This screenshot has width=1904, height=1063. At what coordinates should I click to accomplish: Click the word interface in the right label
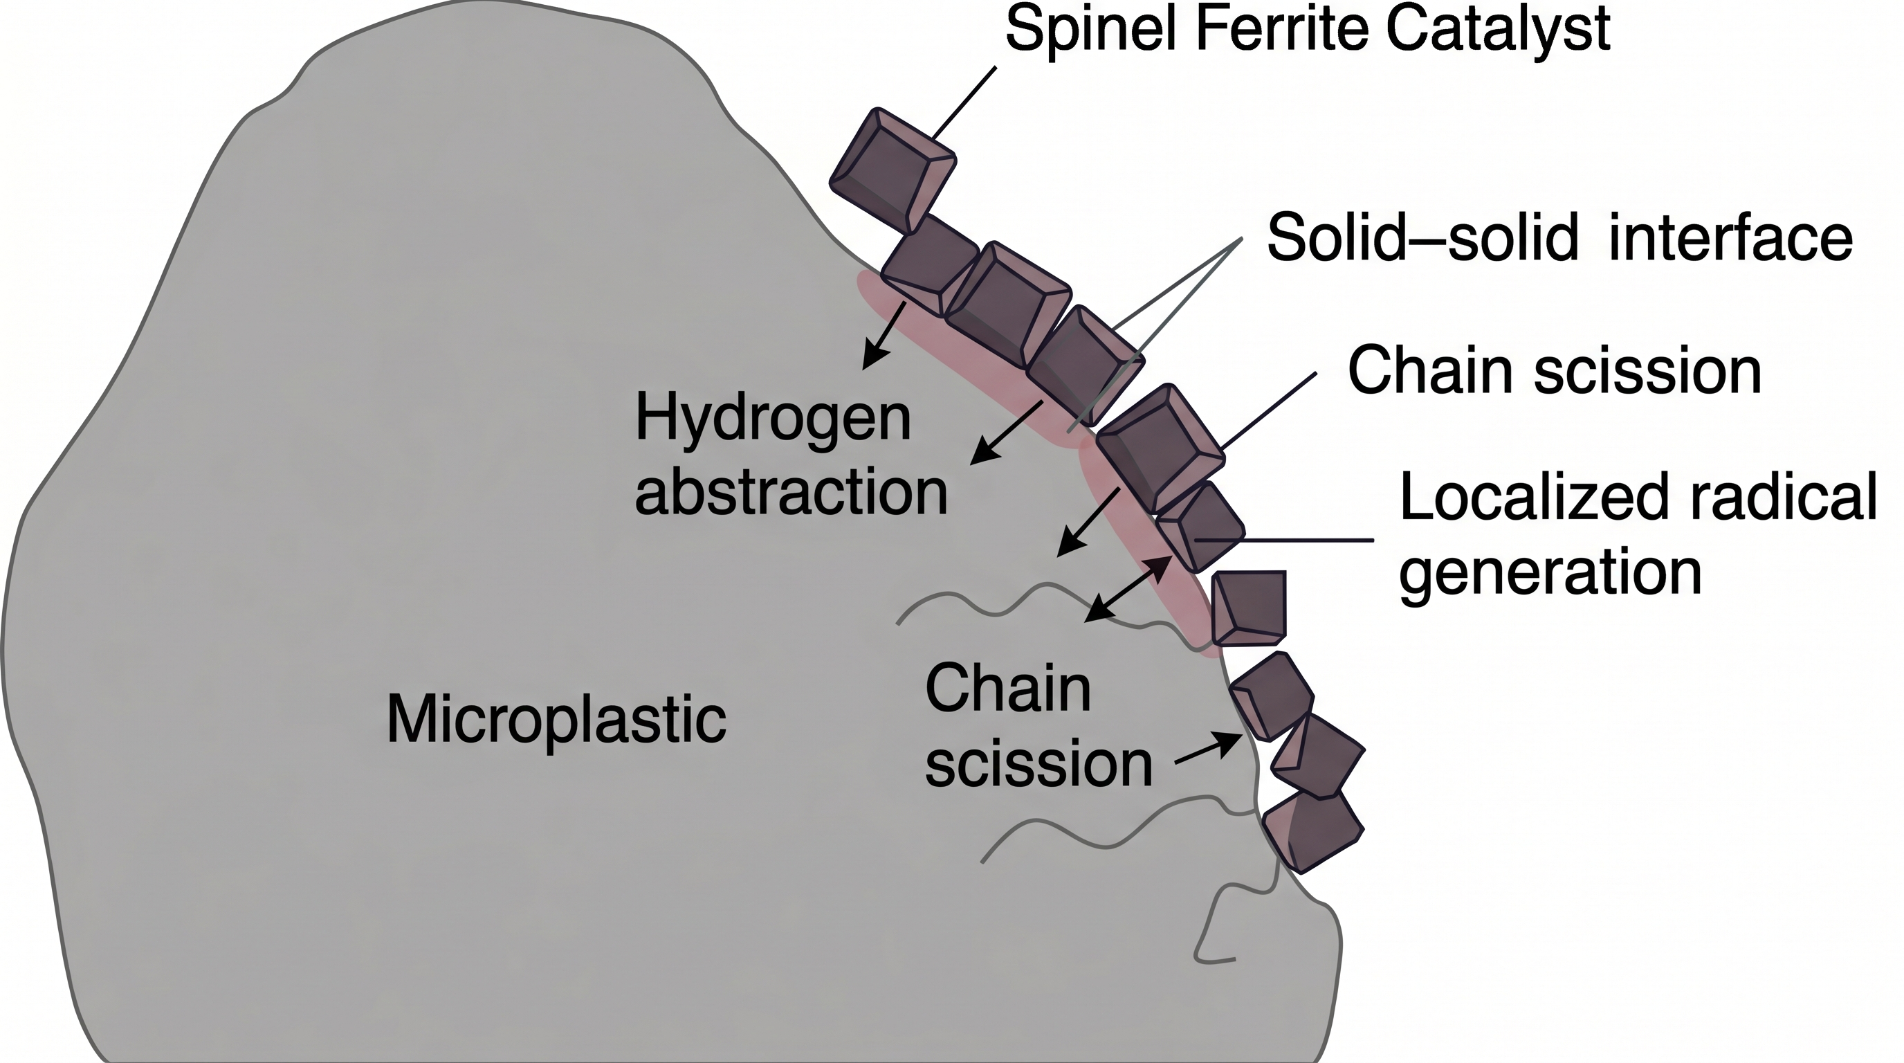click(1730, 238)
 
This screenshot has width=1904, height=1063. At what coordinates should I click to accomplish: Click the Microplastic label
click(556, 720)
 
